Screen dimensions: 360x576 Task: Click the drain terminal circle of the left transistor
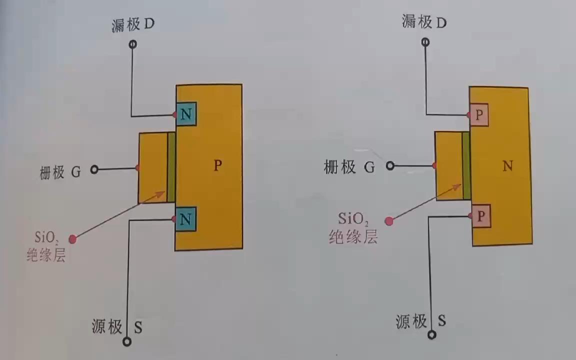[x=132, y=44]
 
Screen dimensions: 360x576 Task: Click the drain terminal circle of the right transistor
[x=425, y=42]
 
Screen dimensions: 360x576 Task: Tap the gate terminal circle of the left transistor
[x=94, y=170]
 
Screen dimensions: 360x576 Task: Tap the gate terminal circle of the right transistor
[x=390, y=166]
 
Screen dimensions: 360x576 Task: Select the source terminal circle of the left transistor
[x=127, y=341]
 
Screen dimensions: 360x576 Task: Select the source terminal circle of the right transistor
[x=432, y=334]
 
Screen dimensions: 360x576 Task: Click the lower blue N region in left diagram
[x=185, y=218]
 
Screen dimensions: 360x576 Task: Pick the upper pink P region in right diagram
[x=479, y=115]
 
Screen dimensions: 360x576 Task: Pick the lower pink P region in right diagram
[x=480, y=216]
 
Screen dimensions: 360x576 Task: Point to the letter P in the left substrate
[x=217, y=165]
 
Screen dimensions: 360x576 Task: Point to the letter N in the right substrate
[x=507, y=165]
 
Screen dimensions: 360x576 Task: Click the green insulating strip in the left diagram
[x=171, y=167]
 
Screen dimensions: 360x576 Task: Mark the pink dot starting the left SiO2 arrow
[x=73, y=239]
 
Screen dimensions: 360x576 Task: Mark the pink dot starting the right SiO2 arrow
[x=388, y=220]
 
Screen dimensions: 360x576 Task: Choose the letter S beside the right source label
[x=441, y=320]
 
